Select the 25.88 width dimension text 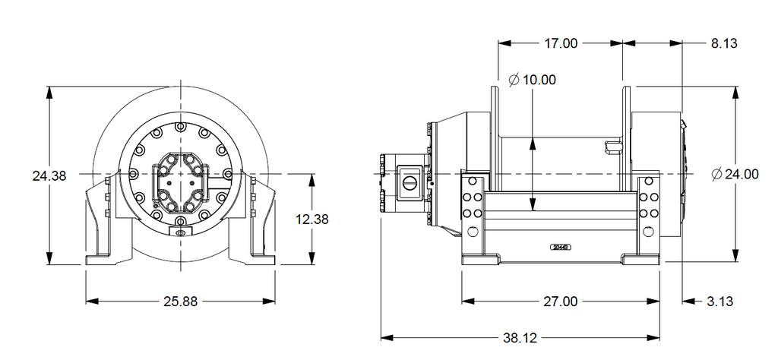[x=180, y=302]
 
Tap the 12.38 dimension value [x=312, y=219]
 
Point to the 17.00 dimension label [x=560, y=43]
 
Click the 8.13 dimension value [x=724, y=43]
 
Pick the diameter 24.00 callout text [x=735, y=175]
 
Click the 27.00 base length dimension [x=560, y=302]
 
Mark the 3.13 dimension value [x=719, y=302]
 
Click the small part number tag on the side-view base [x=561, y=247]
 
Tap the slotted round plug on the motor [x=411, y=182]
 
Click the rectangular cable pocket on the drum [x=612, y=145]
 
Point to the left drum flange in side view [x=495, y=137]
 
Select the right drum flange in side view [x=627, y=137]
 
